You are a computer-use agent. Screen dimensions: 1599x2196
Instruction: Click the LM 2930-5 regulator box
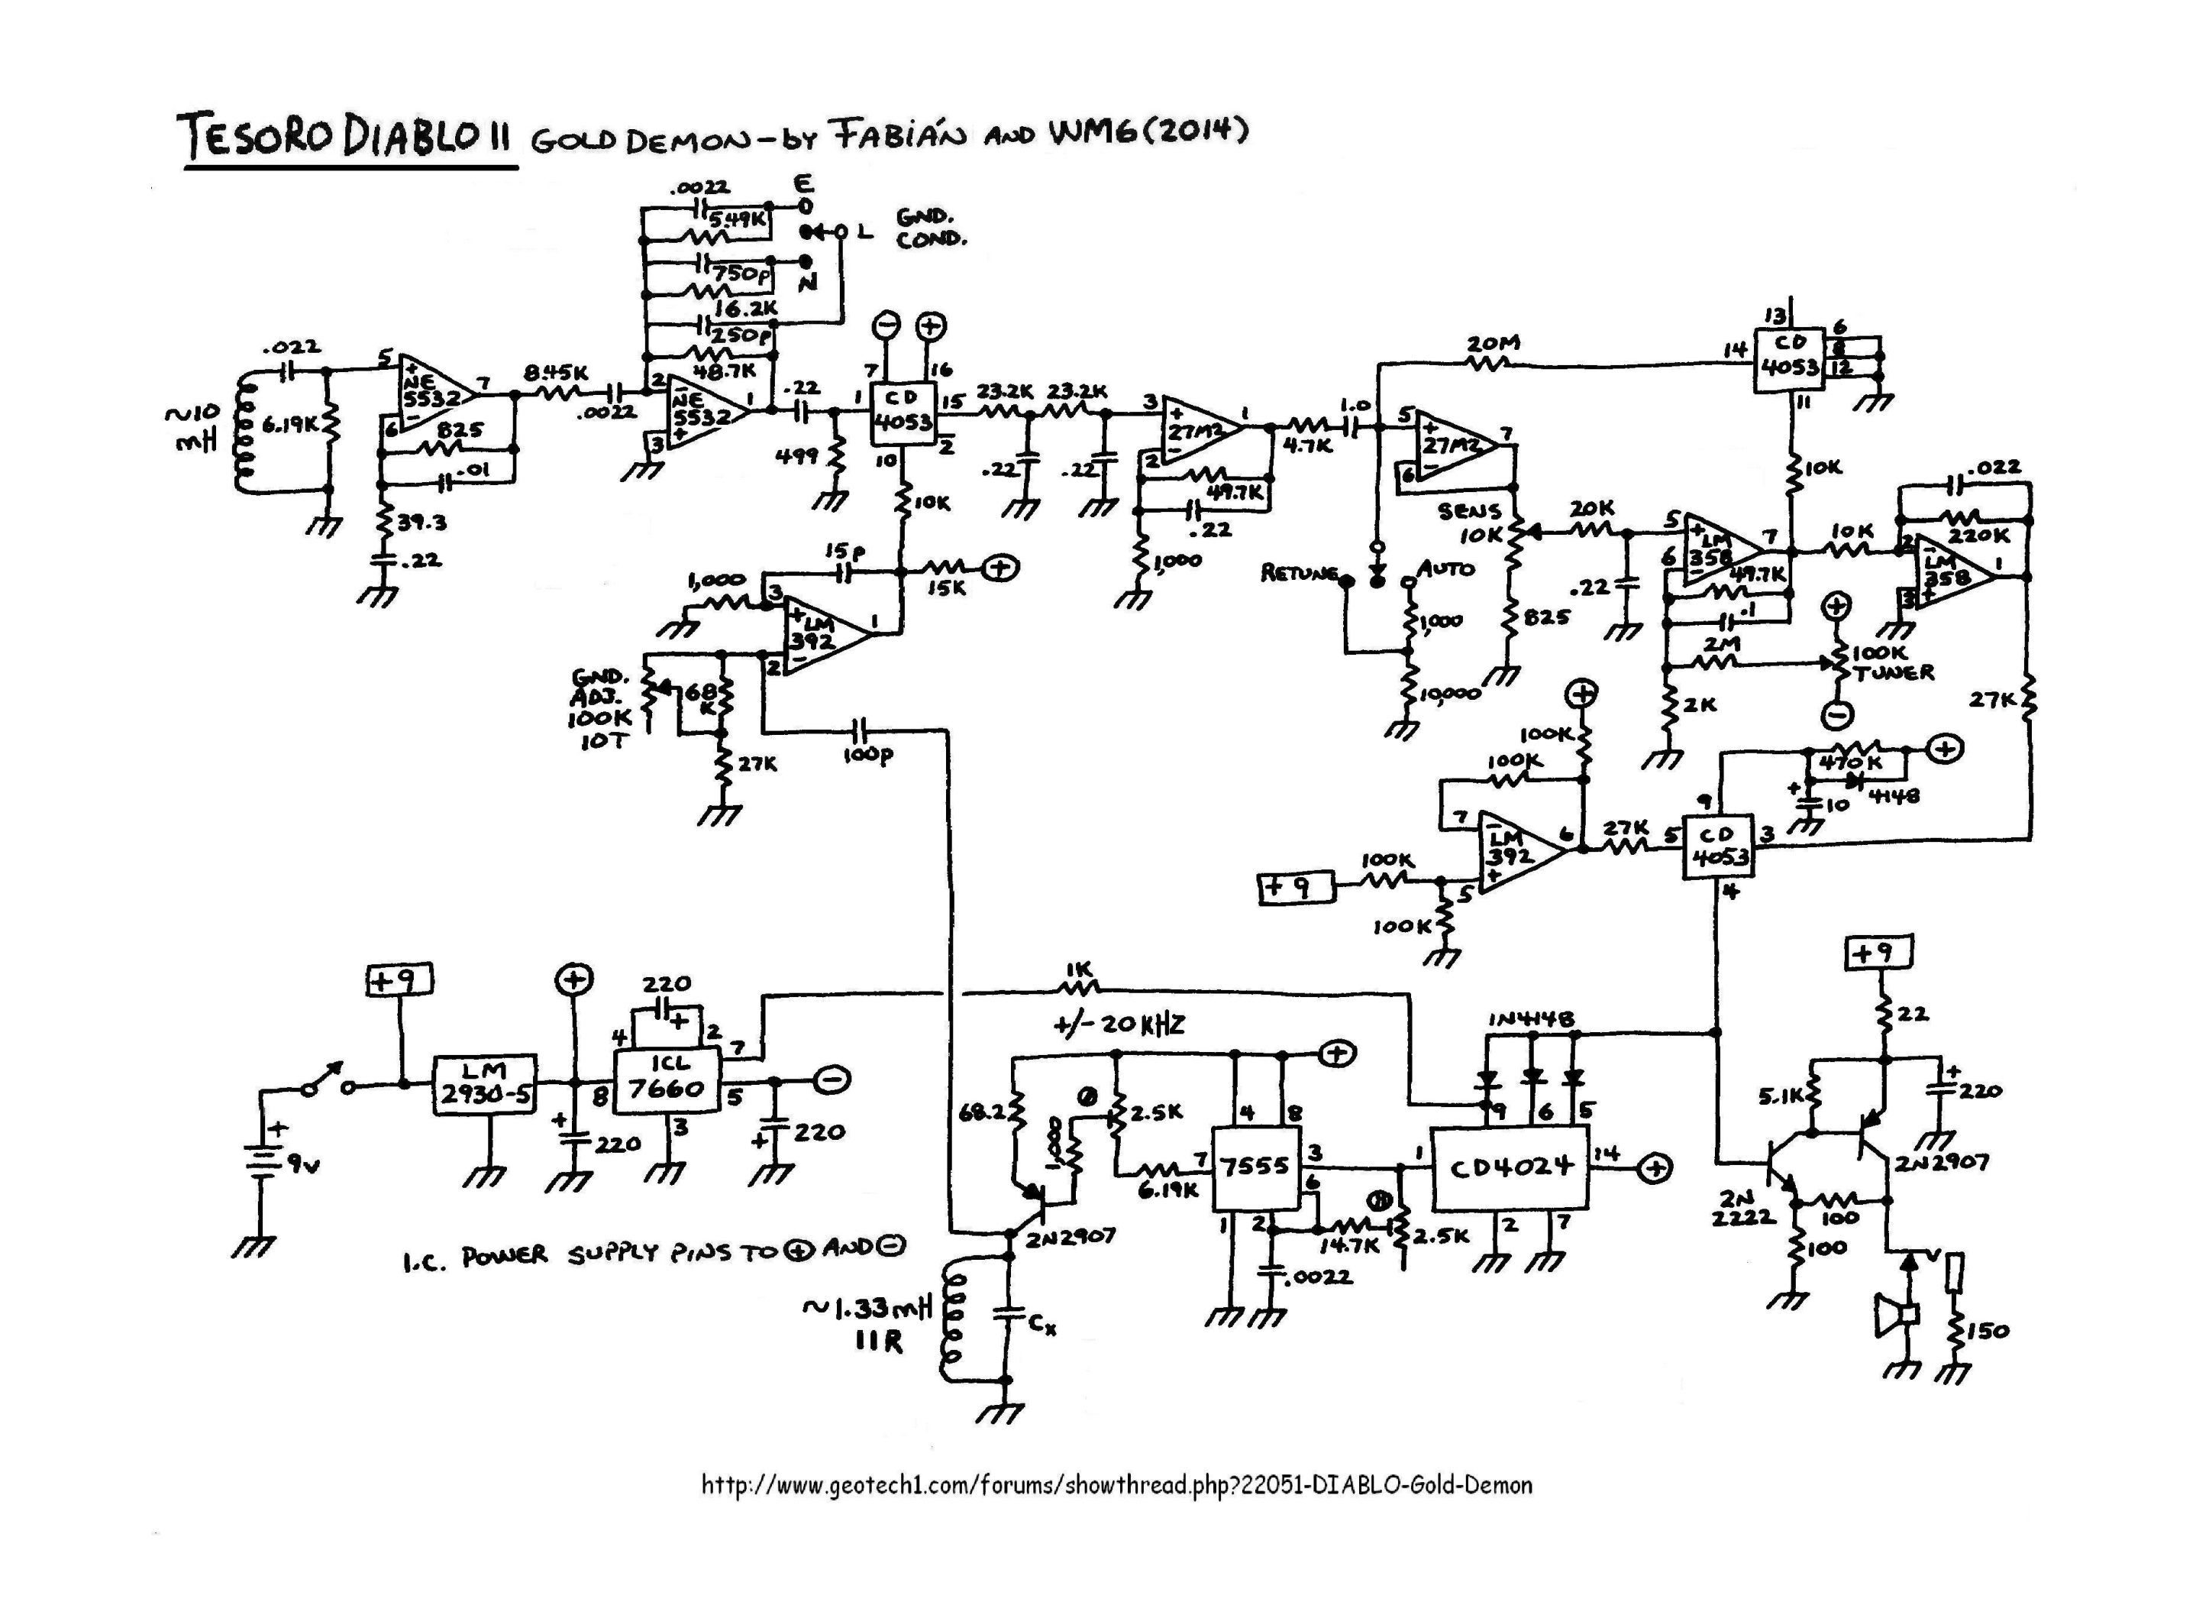[x=483, y=1084]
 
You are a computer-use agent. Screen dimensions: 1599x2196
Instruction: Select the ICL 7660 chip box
[x=666, y=1079]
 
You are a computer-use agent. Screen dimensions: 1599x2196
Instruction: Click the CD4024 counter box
[x=1510, y=1168]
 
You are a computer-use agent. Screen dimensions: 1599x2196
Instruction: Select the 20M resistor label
[x=1493, y=344]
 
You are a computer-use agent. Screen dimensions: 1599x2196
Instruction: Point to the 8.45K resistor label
[x=556, y=372]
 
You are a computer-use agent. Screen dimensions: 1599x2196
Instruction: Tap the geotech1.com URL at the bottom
[x=1116, y=1484]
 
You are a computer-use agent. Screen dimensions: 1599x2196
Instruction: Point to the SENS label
[x=1469, y=510]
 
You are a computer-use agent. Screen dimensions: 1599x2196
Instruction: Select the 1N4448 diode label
[x=1531, y=1019]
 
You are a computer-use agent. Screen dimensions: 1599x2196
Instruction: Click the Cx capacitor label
[x=1041, y=1324]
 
